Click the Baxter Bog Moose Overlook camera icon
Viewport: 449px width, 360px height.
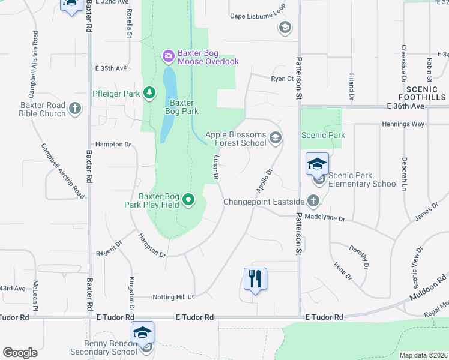click(169, 56)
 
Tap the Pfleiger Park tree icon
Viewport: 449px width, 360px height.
click(149, 93)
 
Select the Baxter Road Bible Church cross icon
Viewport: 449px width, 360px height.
click(75, 109)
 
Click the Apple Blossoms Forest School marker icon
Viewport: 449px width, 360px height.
click(276, 139)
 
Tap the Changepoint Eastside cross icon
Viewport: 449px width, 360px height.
click(313, 201)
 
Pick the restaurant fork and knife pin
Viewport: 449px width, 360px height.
click(255, 280)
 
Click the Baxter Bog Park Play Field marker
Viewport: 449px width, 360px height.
click(189, 200)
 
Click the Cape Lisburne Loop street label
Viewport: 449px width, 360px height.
click(258, 16)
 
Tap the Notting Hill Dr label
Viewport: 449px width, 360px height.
click(164, 297)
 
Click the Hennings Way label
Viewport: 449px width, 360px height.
click(403, 124)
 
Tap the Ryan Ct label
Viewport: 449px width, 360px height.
click(282, 79)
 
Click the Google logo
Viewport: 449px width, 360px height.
click(20, 353)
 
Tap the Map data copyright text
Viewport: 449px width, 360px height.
click(423, 355)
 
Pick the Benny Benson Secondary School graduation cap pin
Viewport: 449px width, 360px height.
click(143, 333)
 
